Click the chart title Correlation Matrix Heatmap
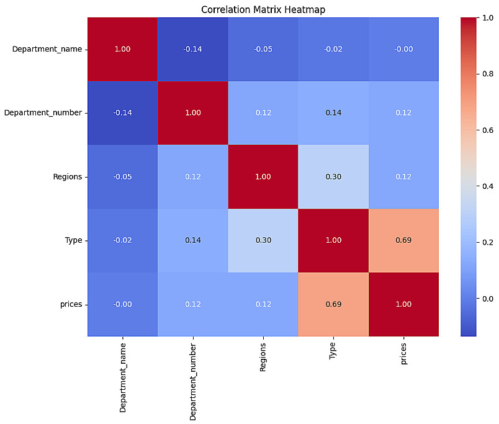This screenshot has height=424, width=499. pyautogui.click(x=263, y=10)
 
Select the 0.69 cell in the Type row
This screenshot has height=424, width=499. pyautogui.click(x=403, y=240)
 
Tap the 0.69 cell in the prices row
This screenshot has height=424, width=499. pyautogui.click(x=333, y=304)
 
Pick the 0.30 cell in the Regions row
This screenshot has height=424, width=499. pyautogui.click(x=333, y=176)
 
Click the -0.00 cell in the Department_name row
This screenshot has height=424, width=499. pyautogui.click(x=403, y=49)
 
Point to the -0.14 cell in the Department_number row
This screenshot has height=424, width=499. pyautogui.click(x=122, y=113)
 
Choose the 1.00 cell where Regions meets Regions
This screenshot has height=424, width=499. pyautogui.click(x=263, y=176)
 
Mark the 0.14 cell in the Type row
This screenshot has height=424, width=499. pyautogui.click(x=192, y=240)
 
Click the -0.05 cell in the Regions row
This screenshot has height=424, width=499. pyautogui.click(x=122, y=176)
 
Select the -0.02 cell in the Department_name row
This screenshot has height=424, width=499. pyautogui.click(x=333, y=49)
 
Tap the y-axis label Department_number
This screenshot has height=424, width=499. pyautogui.click(x=43, y=113)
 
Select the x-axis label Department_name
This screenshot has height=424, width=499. pyautogui.click(x=123, y=377)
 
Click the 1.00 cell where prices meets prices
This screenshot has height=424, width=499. pyautogui.click(x=403, y=304)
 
